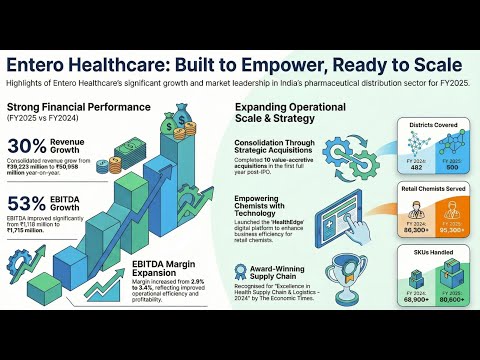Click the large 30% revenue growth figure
click(x=27, y=147)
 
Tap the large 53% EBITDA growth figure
click(x=27, y=204)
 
